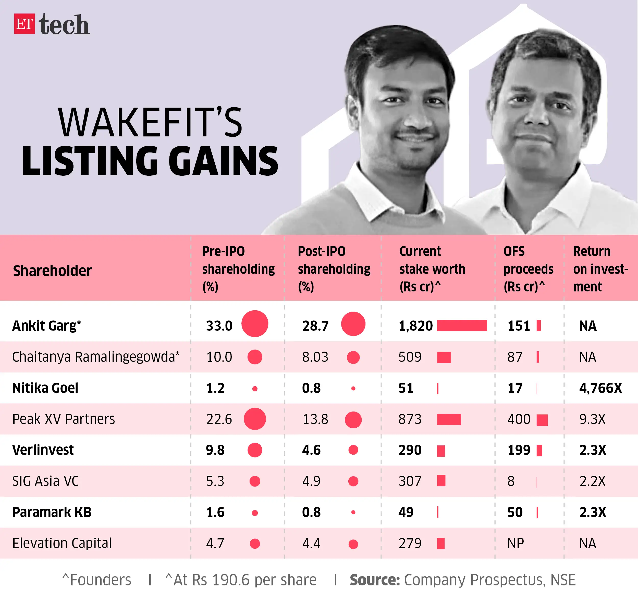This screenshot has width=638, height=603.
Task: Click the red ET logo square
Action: coord(24,24)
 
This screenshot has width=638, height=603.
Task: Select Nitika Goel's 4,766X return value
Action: coord(600,388)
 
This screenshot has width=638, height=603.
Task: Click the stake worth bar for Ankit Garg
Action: coord(462,326)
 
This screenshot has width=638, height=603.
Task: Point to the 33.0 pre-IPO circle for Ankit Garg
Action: coord(254,324)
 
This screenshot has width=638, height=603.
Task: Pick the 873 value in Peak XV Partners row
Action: coord(410,419)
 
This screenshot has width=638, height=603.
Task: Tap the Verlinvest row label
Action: coord(43,450)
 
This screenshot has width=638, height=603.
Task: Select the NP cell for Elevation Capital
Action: coord(516,544)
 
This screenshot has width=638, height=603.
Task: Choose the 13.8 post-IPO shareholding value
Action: coord(315,419)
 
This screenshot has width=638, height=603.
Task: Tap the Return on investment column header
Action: coord(600,269)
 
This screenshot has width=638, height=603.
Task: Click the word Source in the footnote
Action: coord(374,580)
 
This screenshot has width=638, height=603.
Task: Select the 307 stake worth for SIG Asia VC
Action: coord(410,481)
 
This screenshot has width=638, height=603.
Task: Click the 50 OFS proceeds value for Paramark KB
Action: coord(515,512)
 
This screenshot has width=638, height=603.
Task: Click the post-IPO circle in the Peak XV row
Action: coord(353,420)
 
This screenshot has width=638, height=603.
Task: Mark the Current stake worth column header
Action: coord(432,269)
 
